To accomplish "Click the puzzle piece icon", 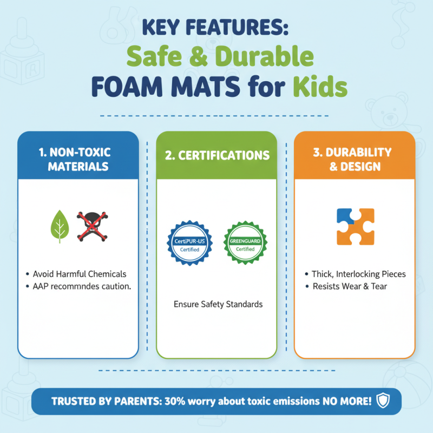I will coord(355,226).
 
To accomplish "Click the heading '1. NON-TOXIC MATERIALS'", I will coord(78,159).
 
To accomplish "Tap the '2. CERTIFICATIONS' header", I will coord(216,156).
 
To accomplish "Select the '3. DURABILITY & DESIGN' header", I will coord(355,159).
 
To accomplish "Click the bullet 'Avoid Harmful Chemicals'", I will coord(79,274).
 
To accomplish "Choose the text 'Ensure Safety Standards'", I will coord(218,304).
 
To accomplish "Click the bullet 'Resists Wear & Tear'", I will coord(349,286).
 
